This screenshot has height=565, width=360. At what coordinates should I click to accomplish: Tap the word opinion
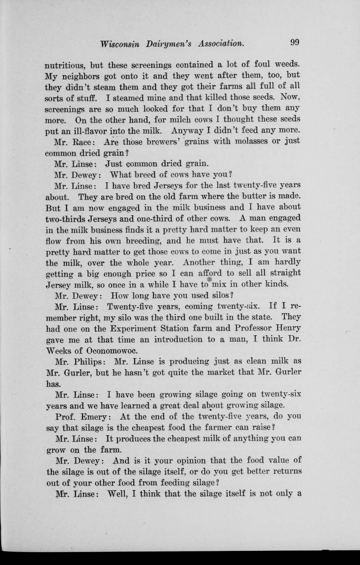pos(189,461)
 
